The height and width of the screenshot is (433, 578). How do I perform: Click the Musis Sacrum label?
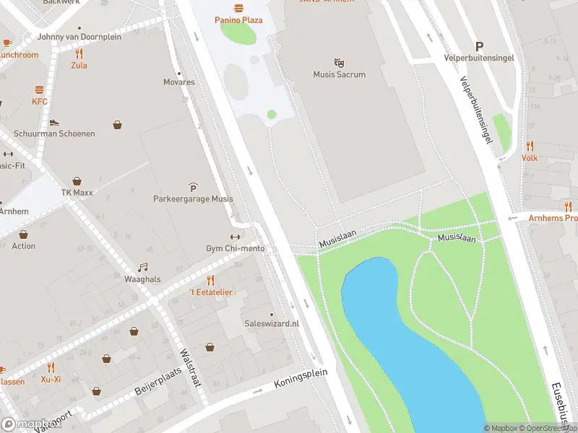pos(339,74)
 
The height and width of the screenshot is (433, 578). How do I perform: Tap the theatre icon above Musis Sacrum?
pos(339,63)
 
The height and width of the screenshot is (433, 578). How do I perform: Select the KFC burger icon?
pos(39,90)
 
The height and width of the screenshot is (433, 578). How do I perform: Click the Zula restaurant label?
pos(79,65)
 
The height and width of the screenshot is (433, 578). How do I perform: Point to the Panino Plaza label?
pos(238,19)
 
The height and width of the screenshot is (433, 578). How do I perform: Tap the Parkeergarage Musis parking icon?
pos(192,187)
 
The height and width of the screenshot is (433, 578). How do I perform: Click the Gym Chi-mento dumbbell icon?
pos(235,237)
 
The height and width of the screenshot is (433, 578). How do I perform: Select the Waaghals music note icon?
pos(142,267)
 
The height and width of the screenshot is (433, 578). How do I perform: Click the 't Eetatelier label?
pos(211,292)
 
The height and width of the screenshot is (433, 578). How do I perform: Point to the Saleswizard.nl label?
pos(271,324)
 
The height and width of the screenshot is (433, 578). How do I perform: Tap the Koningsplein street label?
pos(301,380)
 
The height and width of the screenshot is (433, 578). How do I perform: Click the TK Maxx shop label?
pos(77,193)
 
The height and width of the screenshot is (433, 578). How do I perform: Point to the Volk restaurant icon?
pos(530,146)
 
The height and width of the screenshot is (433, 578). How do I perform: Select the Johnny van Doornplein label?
pos(79,36)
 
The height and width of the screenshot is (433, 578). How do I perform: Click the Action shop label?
pos(23,246)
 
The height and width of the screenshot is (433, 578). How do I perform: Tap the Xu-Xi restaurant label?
pos(51,379)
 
